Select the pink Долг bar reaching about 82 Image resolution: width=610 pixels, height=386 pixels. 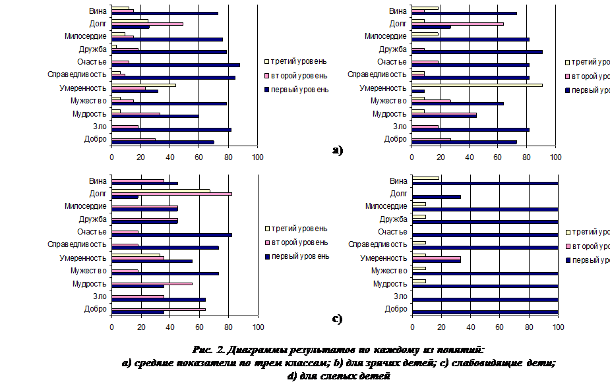171,194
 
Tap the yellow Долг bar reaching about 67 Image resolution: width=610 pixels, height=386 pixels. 161,191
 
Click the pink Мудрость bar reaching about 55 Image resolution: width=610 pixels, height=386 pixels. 152,283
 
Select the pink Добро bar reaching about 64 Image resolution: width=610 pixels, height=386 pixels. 158,308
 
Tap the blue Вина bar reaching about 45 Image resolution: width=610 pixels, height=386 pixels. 145,183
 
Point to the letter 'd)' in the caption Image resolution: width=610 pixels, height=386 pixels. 292,376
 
